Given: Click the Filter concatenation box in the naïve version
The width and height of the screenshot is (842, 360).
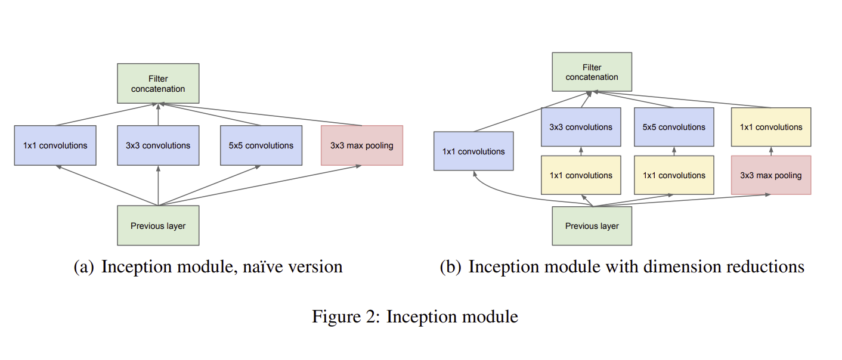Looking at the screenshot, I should click(x=158, y=83).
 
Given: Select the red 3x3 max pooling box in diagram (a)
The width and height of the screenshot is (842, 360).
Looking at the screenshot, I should click(x=361, y=145).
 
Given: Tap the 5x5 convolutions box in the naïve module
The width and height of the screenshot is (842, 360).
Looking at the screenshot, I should click(x=261, y=145).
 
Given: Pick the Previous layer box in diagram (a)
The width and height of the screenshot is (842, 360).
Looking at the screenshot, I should click(x=158, y=226).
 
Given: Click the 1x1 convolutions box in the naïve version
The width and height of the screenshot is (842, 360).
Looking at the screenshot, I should click(x=55, y=145).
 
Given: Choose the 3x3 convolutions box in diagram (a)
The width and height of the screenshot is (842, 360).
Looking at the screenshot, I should click(x=158, y=145).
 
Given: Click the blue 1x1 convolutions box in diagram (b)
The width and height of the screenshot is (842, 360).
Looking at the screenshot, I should click(x=473, y=151).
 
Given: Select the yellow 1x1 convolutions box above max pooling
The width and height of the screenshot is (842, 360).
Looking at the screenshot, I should click(x=770, y=127).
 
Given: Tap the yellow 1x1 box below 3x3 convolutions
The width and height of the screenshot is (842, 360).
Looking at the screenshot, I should click(x=580, y=175).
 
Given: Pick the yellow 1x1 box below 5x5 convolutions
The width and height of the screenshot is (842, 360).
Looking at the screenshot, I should click(x=673, y=175).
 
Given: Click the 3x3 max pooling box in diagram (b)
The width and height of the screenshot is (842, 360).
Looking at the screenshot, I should click(x=770, y=175).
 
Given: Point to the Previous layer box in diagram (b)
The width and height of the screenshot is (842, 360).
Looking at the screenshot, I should click(x=592, y=226).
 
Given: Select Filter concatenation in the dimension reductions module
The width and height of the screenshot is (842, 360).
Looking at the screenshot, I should click(x=592, y=72).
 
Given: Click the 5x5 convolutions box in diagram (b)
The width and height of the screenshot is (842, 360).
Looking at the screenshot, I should click(x=673, y=127).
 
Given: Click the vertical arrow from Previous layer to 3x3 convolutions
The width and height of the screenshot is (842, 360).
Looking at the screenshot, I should click(x=158, y=186).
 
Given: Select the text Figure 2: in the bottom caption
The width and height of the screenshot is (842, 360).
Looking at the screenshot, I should click(x=346, y=316).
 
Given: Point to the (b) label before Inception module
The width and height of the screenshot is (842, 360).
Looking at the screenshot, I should click(x=451, y=266).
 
